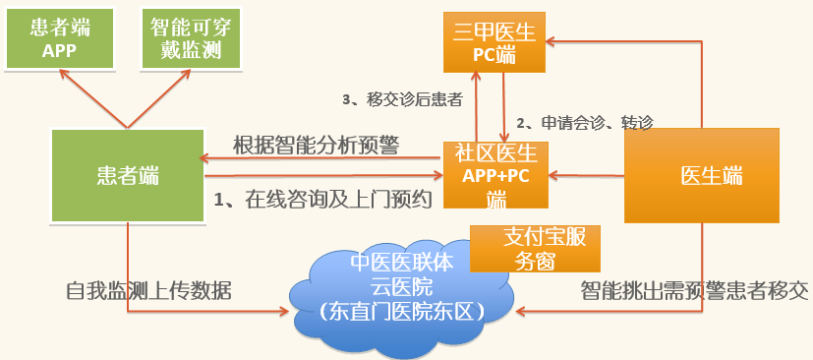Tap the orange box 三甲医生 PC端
point(494,43)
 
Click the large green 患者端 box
point(127,176)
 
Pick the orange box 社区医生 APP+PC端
point(494,175)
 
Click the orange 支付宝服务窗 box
point(535,249)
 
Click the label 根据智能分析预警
point(316,145)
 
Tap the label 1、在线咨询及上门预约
point(323,200)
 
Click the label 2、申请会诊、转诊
point(584,123)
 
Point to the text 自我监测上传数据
point(148,291)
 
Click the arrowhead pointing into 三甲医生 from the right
point(552,40)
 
